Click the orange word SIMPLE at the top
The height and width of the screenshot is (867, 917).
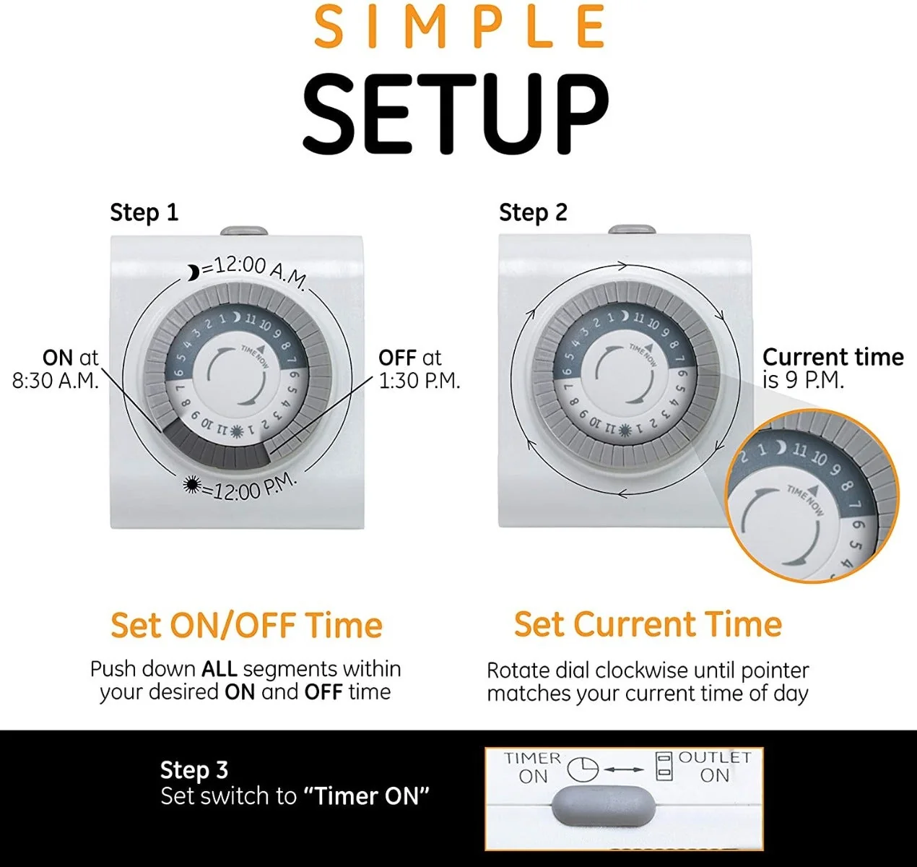[x=459, y=27]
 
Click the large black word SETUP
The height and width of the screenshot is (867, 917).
[x=456, y=114]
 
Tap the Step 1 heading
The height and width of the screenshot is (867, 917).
[x=144, y=213]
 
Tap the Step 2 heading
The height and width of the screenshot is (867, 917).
[x=533, y=213]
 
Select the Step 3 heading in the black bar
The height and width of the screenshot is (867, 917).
[x=194, y=769]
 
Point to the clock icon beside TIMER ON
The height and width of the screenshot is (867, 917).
[x=582, y=769]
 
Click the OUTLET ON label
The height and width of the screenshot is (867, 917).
[x=714, y=767]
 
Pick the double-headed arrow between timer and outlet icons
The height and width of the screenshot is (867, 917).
[x=624, y=769]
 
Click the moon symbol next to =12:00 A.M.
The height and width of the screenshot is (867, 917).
[x=193, y=272]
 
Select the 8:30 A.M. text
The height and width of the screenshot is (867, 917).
[x=56, y=381]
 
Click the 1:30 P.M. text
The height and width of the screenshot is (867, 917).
[x=420, y=381]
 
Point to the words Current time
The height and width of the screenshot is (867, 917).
[x=833, y=357]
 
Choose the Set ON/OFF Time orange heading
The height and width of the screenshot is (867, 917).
[x=246, y=625]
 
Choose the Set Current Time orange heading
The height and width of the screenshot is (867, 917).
[x=648, y=624]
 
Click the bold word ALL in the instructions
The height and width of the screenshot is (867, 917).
[x=220, y=669]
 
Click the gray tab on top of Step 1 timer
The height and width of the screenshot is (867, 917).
[x=244, y=230]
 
